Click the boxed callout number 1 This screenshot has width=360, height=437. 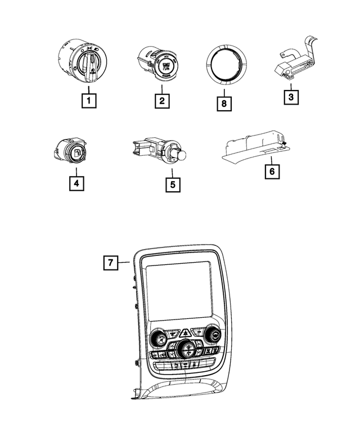pos(88,101)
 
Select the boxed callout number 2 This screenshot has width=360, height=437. pos(161,101)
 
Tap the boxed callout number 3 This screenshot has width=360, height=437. pos(290,97)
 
